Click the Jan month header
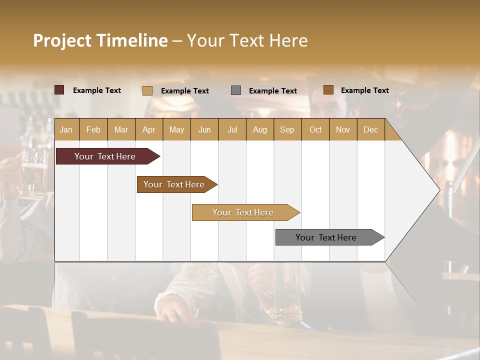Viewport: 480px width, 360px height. (x=66, y=129)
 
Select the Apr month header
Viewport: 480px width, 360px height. (x=148, y=129)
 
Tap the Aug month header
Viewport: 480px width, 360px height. (x=259, y=129)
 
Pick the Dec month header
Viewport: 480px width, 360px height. (x=370, y=129)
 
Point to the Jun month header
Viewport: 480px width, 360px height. (x=204, y=129)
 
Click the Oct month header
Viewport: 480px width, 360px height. (x=315, y=129)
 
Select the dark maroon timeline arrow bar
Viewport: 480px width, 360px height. (x=105, y=156)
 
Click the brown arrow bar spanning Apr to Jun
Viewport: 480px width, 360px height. (x=174, y=184)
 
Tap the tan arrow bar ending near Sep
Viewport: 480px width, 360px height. (x=243, y=212)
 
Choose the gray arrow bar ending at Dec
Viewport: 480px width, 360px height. (x=326, y=237)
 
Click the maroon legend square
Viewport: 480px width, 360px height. (x=59, y=90)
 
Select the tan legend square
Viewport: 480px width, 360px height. (x=147, y=90)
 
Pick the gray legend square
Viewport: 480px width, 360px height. (x=235, y=90)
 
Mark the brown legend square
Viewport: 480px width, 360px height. (x=328, y=90)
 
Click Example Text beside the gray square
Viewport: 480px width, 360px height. (x=272, y=90)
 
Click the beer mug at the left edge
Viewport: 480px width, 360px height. (x=32, y=172)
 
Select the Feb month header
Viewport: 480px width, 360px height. (x=93, y=129)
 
